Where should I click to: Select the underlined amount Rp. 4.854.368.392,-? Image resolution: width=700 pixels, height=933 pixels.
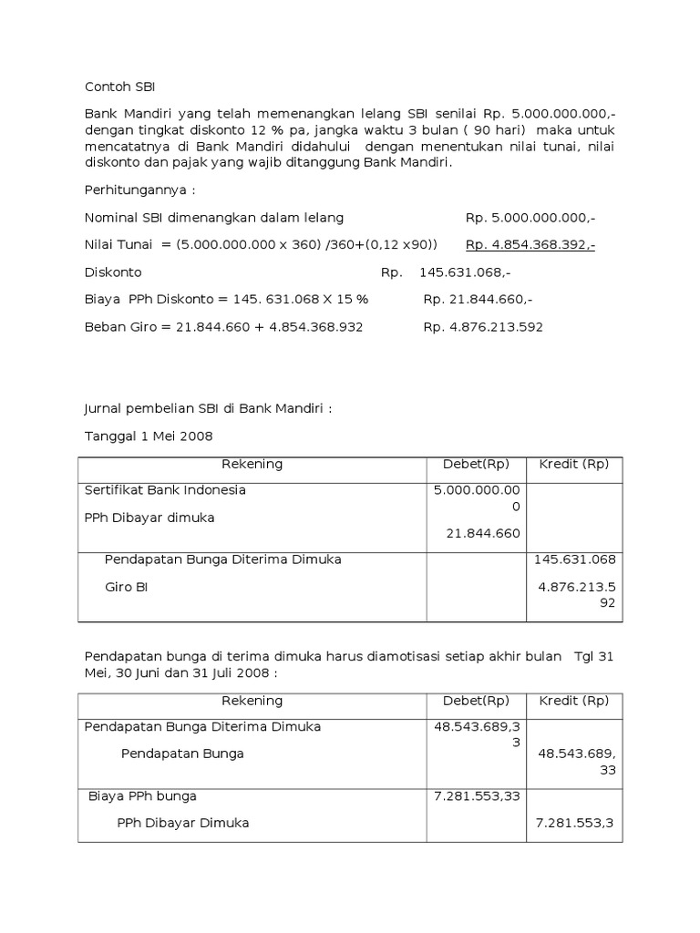click(x=530, y=245)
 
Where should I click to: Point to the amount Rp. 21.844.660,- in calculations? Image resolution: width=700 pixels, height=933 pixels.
click(x=479, y=300)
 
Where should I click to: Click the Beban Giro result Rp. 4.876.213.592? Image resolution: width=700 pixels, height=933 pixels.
click(x=483, y=327)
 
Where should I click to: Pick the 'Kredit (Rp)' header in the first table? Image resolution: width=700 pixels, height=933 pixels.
click(x=574, y=465)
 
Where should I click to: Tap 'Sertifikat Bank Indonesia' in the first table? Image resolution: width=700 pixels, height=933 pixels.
click(x=165, y=490)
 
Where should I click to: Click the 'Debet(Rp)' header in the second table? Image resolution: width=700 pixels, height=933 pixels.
click(x=476, y=701)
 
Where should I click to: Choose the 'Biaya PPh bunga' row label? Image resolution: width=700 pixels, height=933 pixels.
click(x=142, y=795)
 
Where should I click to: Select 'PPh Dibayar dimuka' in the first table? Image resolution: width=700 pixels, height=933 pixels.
click(x=149, y=518)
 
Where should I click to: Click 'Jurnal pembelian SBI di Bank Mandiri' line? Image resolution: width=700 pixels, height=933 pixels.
click(x=209, y=409)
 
